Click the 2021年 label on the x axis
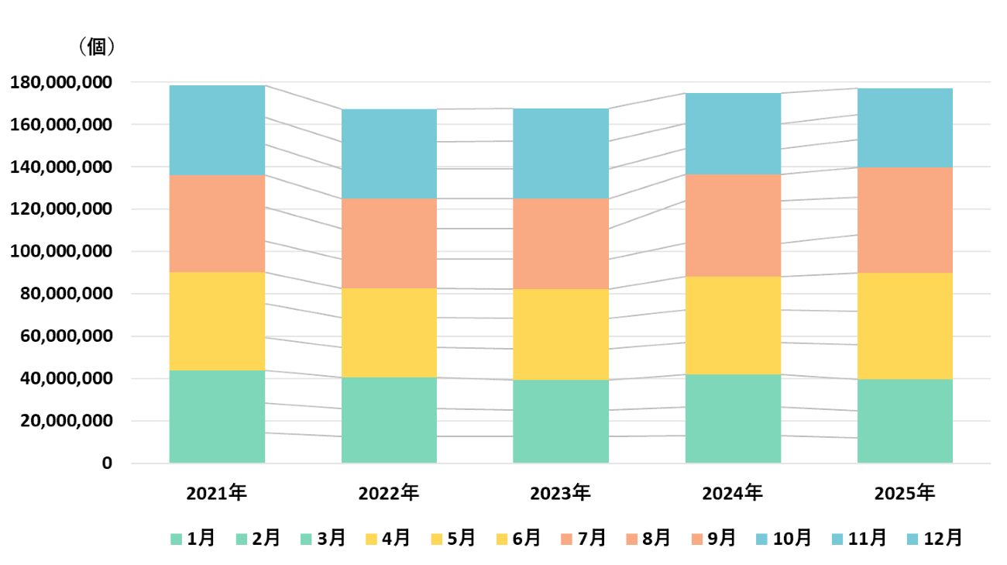[217, 493]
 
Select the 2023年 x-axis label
[560, 493]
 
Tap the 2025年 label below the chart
[904, 493]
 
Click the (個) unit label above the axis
[96, 47]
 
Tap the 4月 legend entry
[389, 538]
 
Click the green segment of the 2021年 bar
[217, 416]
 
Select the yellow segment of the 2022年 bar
[389, 332]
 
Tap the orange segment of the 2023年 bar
[560, 243]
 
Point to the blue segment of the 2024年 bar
[732, 133]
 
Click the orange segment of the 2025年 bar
[904, 219]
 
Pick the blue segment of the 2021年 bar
[217, 129]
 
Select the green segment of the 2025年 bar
[904, 421]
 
